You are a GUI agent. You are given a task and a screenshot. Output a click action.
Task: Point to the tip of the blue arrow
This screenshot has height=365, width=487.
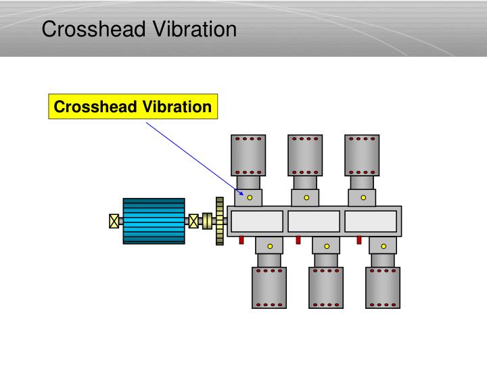[x=243, y=196]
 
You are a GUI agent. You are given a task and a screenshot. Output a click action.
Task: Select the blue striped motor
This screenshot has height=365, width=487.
[x=154, y=220]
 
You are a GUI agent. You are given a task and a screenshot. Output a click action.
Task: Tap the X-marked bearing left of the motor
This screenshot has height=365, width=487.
[x=114, y=221]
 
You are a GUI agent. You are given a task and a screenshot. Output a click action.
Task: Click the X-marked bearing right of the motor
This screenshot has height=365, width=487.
[x=193, y=221]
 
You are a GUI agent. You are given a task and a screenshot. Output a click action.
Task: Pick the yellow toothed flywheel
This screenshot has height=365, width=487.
[x=219, y=221]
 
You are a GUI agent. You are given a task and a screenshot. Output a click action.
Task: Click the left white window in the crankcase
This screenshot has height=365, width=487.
[x=256, y=221]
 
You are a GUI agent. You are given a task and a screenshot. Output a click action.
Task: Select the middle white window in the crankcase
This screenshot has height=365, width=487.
[x=314, y=221]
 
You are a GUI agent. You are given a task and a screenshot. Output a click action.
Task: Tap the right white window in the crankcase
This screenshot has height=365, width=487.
[x=371, y=221]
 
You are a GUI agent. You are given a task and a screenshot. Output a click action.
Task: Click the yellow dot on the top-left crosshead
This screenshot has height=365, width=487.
[x=249, y=198]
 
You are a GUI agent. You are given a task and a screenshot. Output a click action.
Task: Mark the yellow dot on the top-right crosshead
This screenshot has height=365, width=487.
[x=363, y=198]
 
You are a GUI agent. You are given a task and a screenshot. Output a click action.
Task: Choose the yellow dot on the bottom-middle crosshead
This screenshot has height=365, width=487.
[x=326, y=246]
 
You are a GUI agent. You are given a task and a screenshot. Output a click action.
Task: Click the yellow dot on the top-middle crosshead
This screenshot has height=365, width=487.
[x=306, y=198]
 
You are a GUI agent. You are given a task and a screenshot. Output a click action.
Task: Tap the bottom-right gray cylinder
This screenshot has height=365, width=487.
[x=383, y=287]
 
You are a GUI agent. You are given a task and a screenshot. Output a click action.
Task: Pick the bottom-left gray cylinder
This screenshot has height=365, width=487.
[x=269, y=287]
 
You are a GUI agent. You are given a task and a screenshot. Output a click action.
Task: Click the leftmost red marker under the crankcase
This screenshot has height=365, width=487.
[x=241, y=240]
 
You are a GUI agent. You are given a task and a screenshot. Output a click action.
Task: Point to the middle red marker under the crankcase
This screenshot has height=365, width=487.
[x=298, y=240]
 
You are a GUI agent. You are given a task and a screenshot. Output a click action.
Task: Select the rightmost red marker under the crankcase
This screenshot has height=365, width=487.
[x=359, y=240]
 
